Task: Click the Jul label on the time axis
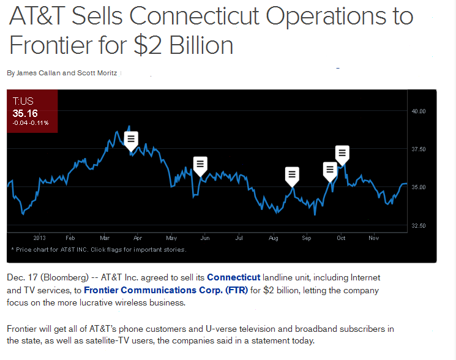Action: (239, 238)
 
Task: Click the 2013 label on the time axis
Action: (39, 238)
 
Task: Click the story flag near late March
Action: (131, 139)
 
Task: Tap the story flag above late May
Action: (200, 163)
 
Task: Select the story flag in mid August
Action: (292, 174)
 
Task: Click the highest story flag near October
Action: (342, 152)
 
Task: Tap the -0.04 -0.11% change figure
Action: (31, 123)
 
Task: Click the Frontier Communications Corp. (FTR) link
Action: (166, 290)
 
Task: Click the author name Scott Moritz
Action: (98, 73)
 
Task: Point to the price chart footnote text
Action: (99, 249)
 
